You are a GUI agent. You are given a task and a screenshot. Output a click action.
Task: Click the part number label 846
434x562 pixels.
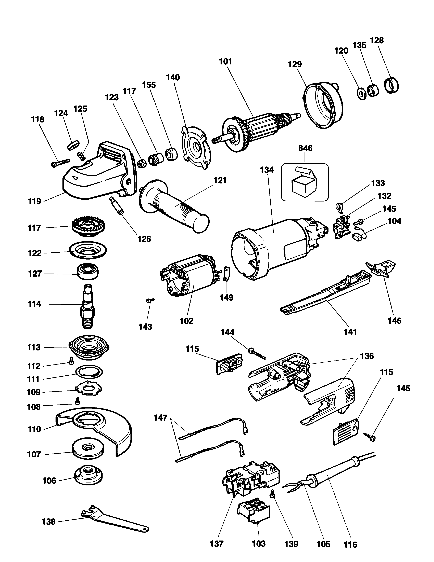tap(305, 148)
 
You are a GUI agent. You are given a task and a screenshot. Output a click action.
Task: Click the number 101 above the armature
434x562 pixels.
tap(226, 62)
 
